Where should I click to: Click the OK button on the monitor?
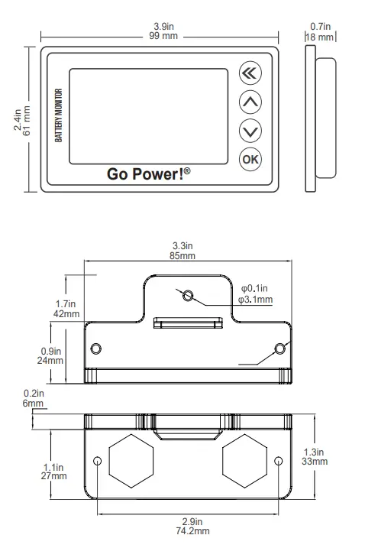pos(250,159)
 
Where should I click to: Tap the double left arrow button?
pos(250,73)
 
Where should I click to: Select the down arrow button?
pos(250,130)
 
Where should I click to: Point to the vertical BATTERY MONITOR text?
pos(59,119)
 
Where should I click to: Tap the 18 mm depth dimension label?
pos(320,37)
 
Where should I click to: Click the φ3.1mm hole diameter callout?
pos(255,300)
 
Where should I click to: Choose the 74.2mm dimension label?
pos(186,530)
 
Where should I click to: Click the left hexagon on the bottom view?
pos(131,461)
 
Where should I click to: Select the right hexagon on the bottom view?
pos(244,461)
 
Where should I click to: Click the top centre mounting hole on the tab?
pos(187,294)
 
